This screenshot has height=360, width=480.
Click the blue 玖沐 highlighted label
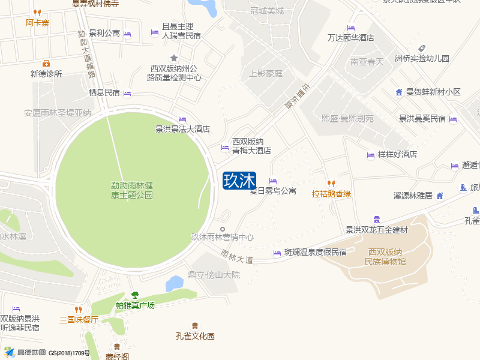(239, 181)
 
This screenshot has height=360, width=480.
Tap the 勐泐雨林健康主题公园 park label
(132, 190)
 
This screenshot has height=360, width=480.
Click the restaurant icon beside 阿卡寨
(37, 13)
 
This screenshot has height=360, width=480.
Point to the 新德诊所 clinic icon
(46, 64)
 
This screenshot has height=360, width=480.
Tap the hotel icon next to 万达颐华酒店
(351, 28)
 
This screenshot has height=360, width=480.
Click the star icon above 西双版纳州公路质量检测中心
(174, 58)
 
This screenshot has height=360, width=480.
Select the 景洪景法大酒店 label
(182, 128)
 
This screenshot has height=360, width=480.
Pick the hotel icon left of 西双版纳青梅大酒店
(225, 147)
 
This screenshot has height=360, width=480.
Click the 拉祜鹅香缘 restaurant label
(331, 194)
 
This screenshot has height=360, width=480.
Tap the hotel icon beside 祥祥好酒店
(370, 155)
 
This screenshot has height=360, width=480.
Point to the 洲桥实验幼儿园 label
(422, 58)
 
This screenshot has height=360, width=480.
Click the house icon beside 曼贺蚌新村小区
(399, 92)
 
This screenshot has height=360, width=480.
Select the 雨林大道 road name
(237, 257)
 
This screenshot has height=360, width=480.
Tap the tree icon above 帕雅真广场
(135, 295)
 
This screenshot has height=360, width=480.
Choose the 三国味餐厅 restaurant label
(79, 320)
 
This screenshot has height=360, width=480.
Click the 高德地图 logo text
(31, 352)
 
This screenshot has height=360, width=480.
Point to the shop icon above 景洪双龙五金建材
(377, 219)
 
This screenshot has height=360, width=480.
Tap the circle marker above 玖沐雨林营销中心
(223, 229)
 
